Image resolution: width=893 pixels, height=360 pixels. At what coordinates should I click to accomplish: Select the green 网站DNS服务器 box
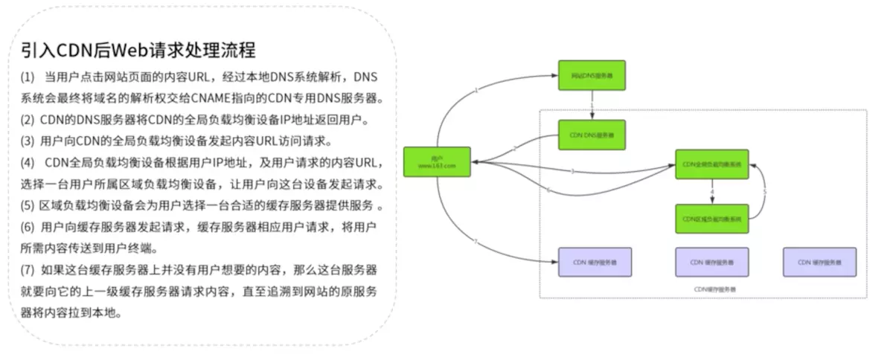[592, 75]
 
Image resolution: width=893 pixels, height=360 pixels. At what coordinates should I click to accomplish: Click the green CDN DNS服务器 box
[592, 135]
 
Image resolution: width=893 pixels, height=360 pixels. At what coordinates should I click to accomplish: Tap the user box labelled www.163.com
[437, 162]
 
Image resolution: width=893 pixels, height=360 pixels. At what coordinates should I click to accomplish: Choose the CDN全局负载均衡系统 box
[711, 164]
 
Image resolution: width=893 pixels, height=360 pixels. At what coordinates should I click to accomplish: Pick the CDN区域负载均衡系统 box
[711, 219]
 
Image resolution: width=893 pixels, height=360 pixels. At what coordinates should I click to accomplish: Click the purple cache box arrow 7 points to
[594, 262]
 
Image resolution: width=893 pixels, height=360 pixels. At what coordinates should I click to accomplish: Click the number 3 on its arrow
[572, 172]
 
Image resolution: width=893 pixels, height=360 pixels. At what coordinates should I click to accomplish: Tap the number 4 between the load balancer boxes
[712, 192]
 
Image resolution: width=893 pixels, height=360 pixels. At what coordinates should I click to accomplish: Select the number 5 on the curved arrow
[765, 192]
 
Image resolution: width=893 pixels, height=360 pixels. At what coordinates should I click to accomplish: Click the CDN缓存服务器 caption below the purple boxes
[710, 289]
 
